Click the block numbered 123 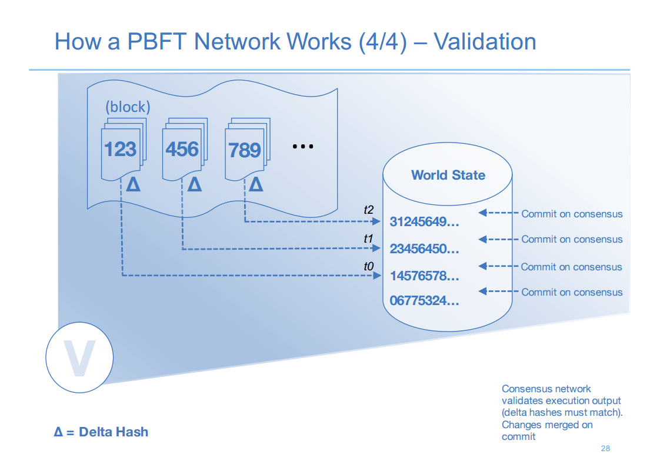coord(123,149)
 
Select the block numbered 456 coord(184,149)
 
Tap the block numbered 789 coord(246,150)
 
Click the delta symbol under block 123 coord(134,184)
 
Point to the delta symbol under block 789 coord(256,184)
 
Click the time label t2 coord(368,210)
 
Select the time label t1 coord(368,239)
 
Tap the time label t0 coord(368,266)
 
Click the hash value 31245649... coord(424,221)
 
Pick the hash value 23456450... coord(424,249)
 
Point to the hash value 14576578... coord(424,276)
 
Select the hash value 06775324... coord(424,300)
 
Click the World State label coord(448,175)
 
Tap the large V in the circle coord(79,358)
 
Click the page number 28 coord(605,449)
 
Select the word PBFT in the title coord(156,41)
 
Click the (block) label coord(128,107)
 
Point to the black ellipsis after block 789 coord(303,147)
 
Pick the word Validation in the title coord(485,41)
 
